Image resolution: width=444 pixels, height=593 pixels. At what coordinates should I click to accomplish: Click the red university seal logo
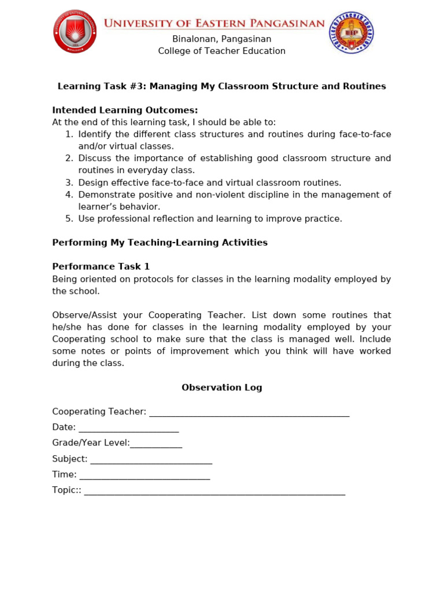tap(75, 32)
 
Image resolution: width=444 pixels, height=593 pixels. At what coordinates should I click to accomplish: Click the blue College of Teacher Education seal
tap(351, 33)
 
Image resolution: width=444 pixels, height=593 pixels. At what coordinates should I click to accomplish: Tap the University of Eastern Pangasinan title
tap(214, 23)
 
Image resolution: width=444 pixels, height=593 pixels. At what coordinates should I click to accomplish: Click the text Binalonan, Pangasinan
tap(221, 39)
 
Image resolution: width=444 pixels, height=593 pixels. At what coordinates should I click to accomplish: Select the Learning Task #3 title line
tap(221, 86)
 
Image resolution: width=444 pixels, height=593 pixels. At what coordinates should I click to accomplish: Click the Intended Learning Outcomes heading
tap(125, 110)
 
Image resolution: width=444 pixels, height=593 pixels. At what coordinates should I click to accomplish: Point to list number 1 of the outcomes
tap(69, 134)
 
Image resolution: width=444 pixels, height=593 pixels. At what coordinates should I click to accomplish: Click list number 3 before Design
tap(69, 182)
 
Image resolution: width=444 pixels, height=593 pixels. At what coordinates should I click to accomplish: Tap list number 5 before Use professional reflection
tap(69, 219)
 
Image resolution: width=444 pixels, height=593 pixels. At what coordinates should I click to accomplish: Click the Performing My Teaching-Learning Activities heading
tap(160, 243)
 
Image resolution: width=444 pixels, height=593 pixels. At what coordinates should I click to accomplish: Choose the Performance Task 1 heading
tap(101, 266)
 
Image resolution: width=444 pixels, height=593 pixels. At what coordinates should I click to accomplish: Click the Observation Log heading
tap(221, 387)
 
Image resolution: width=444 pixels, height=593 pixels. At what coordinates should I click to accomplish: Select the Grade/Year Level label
tap(91, 443)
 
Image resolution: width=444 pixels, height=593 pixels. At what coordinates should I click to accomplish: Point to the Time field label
tap(64, 474)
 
